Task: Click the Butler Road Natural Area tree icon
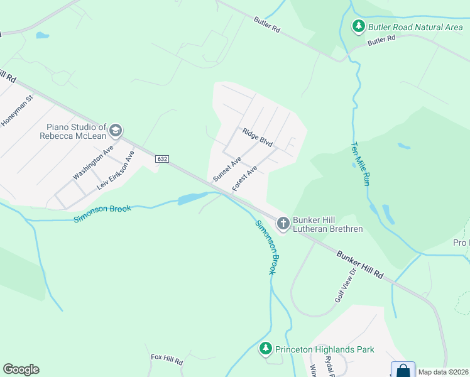tap(358, 26)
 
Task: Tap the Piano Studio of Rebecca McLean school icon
tap(115, 130)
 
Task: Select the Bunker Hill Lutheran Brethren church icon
tap(283, 222)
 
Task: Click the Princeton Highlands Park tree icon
tap(266, 349)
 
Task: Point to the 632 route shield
tap(162, 159)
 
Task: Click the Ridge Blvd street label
tap(258, 138)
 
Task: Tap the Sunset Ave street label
tap(227, 170)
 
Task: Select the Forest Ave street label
tap(245, 179)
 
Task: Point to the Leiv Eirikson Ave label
tap(116, 170)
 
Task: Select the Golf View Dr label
tap(345, 285)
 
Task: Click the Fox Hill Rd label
tap(167, 361)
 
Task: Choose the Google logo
tap(21, 369)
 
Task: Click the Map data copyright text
tap(443, 372)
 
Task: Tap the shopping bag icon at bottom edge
tap(403, 370)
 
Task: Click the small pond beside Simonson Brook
tap(190, 199)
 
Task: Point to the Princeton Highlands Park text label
tap(325, 349)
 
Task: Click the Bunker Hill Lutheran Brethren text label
tap(328, 224)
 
